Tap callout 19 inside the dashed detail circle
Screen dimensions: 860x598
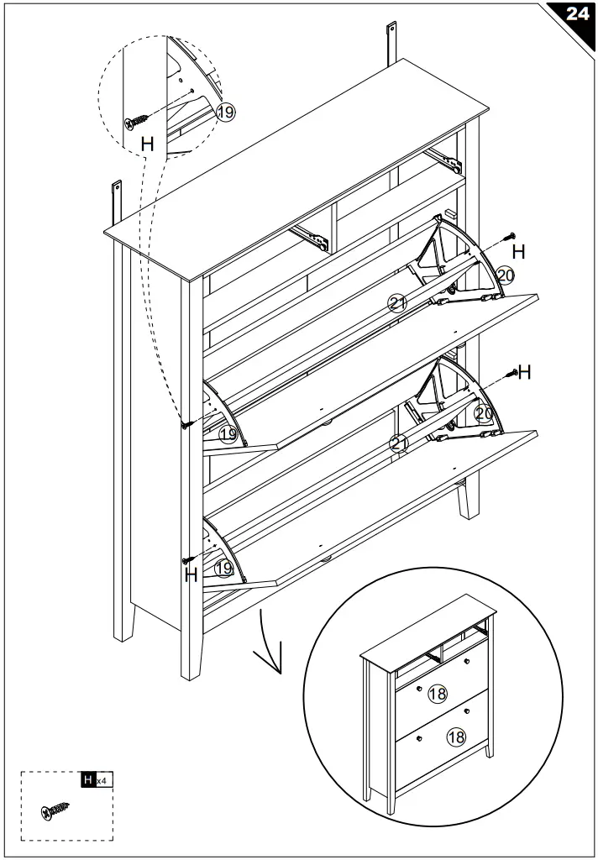(225, 113)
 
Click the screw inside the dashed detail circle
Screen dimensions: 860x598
(139, 122)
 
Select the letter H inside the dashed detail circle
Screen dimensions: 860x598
(147, 144)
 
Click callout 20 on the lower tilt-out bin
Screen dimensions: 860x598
(483, 413)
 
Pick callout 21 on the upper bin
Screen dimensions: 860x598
(397, 304)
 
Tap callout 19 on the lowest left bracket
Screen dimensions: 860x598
(223, 569)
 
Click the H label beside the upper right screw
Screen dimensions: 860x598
(519, 251)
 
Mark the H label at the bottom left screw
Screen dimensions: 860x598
(191, 576)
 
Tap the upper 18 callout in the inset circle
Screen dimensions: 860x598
(437, 693)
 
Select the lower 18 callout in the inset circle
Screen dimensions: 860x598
(456, 737)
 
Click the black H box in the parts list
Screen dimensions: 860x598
(87, 780)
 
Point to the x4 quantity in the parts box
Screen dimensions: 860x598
(101, 781)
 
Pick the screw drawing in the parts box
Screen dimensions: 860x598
(55, 810)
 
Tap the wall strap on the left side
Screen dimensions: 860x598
(117, 202)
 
